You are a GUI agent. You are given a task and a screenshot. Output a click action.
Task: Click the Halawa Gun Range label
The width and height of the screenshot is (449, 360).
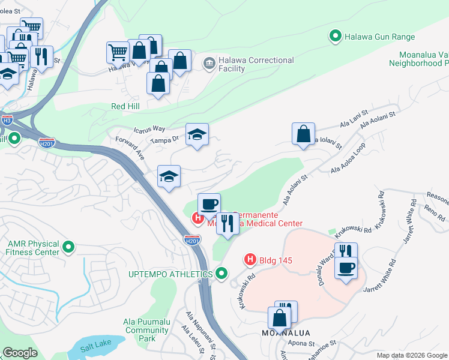tap(379, 37)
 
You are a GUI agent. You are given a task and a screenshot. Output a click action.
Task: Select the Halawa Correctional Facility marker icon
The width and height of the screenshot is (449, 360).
tap(209, 62)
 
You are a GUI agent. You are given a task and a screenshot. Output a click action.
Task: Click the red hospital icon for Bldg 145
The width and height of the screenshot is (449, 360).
tap(250, 260)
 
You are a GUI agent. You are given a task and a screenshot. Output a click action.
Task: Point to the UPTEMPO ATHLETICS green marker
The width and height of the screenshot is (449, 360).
tap(221, 274)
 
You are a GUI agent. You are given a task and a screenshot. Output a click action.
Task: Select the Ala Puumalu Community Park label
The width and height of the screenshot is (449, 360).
tap(146, 330)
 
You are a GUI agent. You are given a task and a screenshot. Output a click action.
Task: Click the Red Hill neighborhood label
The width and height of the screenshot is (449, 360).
tap(125, 106)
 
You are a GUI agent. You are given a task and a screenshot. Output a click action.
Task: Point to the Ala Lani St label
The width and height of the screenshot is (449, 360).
tap(354, 123)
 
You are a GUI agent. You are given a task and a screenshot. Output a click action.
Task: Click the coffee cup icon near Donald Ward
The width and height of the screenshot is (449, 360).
tap(346, 268)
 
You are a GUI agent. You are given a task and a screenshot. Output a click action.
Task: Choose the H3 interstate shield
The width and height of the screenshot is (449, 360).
tap(7, 120)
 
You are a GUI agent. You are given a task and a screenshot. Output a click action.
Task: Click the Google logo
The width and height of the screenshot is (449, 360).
tap(20, 353)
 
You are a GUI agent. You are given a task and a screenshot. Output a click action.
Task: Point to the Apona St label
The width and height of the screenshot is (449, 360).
tap(303, 344)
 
